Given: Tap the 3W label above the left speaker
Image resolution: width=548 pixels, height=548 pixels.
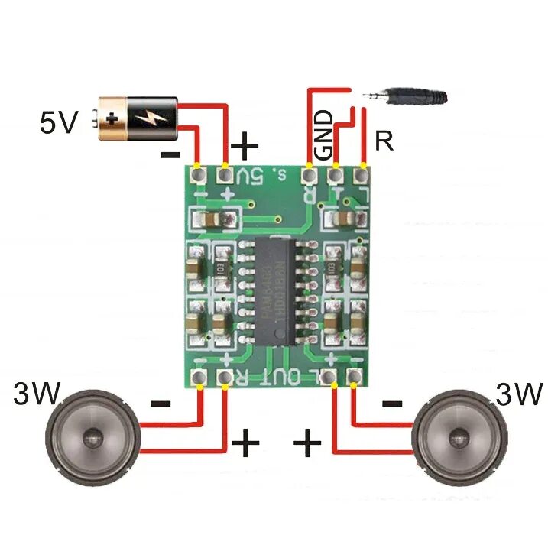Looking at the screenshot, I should tap(37, 394).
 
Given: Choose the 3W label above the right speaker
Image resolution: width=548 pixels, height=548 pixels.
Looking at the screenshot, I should tap(518, 394).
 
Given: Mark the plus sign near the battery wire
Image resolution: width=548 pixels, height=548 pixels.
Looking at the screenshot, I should tap(245, 143).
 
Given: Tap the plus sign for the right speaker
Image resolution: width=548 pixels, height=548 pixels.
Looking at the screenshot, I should tap(307, 442).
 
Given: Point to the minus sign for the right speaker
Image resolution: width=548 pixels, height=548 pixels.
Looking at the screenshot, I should tap(391, 404).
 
